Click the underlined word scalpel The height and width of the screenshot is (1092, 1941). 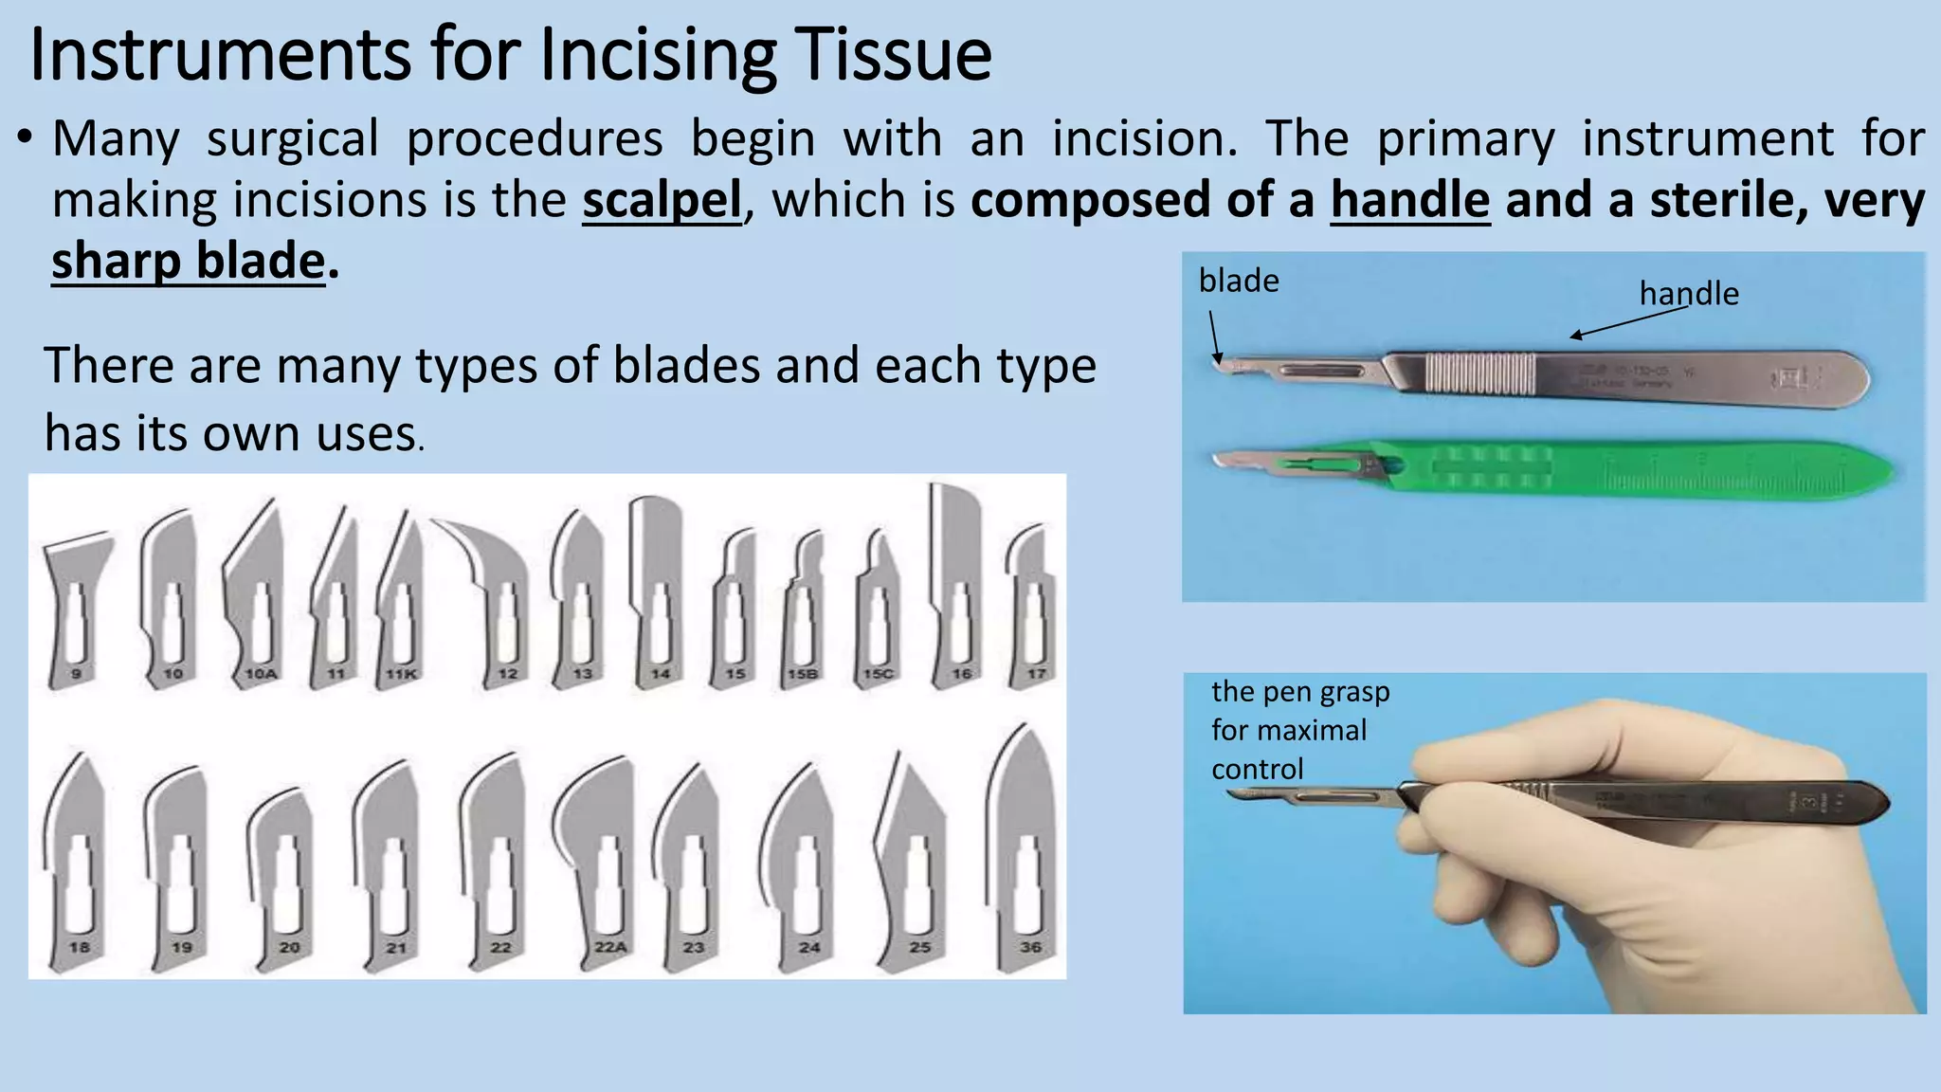point(662,201)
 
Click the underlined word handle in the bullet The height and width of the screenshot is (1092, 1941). point(1409,201)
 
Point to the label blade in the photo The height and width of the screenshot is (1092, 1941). point(1238,282)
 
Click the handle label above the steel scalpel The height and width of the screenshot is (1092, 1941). point(1689,294)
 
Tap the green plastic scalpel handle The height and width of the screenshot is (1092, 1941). point(1611,469)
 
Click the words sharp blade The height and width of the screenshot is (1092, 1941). point(188,262)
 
